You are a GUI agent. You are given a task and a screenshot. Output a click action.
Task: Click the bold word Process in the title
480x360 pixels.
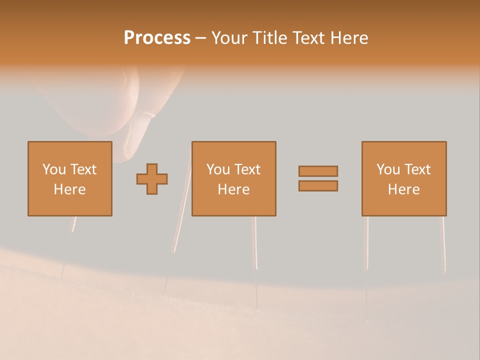pos(157,38)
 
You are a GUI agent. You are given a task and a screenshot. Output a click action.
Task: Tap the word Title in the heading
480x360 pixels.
pos(270,38)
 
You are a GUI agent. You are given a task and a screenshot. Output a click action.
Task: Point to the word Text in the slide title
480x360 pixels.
pos(309,38)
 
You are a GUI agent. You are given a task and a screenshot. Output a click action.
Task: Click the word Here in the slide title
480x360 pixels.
pos(350,38)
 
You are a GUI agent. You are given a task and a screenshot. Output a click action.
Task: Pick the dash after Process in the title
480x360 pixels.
pos(201,38)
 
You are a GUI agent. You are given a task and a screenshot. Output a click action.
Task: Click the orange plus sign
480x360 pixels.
pos(152,179)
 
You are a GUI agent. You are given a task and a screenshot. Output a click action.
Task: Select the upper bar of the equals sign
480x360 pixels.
pos(318,171)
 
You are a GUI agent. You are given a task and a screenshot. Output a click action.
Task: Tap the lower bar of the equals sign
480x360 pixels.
pos(318,186)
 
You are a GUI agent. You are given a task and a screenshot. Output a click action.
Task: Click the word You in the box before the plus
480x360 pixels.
pos(53,169)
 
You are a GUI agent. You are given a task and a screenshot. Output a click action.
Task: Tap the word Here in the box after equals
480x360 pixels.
pos(404,189)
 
